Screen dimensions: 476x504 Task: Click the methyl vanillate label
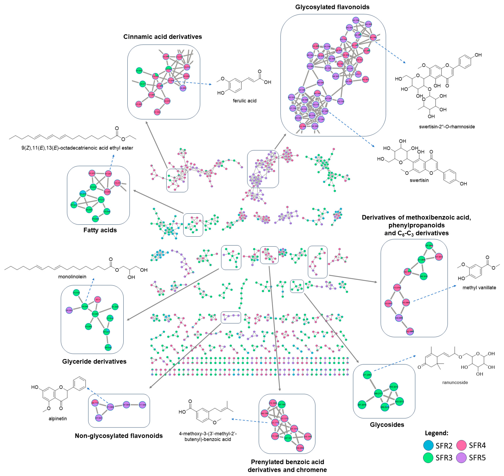(x=479, y=287)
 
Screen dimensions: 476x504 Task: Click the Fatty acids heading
(x=100, y=230)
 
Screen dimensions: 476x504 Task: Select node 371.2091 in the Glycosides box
(x=367, y=375)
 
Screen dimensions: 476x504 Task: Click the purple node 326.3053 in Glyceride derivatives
(x=69, y=310)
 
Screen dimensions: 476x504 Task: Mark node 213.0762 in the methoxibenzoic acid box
(x=397, y=288)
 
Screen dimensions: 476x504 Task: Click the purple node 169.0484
(x=399, y=318)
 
